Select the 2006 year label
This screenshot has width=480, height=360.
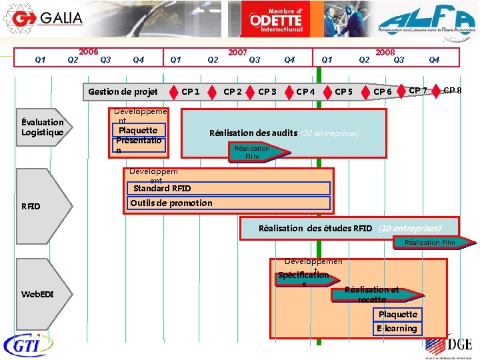point(89,51)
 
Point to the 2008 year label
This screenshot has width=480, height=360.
point(385,51)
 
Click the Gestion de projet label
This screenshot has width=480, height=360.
point(123,91)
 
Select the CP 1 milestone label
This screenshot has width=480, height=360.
point(191,91)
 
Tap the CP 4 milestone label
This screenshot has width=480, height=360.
point(305,91)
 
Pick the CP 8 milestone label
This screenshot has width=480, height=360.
point(453,90)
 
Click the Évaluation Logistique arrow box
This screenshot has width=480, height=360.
point(43,127)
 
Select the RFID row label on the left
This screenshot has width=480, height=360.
point(31,206)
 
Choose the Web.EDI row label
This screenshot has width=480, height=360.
point(38,294)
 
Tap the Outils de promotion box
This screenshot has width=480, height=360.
point(171,203)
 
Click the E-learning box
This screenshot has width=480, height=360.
point(397,328)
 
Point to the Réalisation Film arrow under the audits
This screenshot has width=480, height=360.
point(253,152)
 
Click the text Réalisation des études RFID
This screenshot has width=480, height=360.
point(315,228)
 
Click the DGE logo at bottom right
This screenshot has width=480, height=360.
point(451,345)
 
